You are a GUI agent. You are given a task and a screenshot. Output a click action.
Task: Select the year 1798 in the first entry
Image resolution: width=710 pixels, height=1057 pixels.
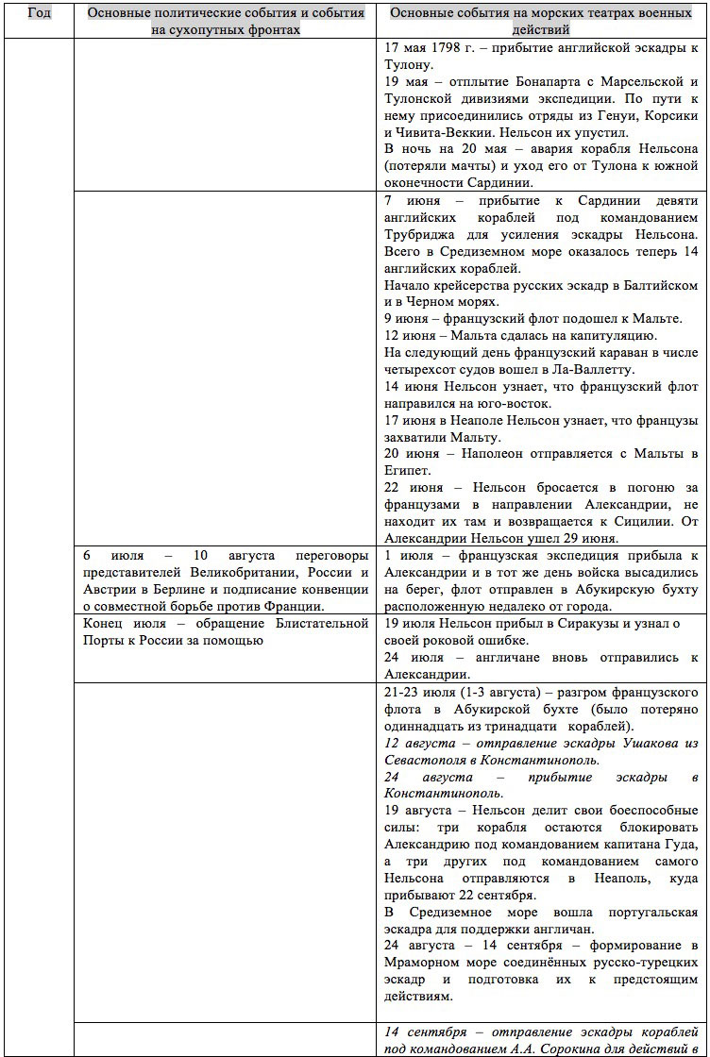coord(461,47)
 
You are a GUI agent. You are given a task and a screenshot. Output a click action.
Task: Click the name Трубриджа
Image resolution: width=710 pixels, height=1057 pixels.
coord(426,234)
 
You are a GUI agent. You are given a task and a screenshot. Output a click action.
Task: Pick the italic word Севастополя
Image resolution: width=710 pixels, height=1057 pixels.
coord(431,761)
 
